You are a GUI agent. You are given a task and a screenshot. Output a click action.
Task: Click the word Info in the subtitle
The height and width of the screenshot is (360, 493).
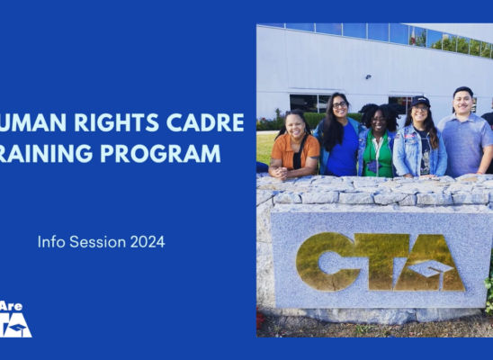50,241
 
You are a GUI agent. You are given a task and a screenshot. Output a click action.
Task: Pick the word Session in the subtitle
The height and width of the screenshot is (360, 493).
95,241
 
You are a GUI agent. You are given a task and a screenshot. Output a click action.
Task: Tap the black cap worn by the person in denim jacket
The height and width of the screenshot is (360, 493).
420,102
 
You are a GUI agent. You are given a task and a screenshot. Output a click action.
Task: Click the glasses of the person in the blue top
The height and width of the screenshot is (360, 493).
339,105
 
